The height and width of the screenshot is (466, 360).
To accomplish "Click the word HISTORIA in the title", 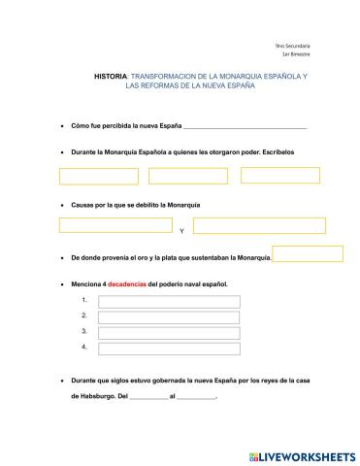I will [x=110, y=75].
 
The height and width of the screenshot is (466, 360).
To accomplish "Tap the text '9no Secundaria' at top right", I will [x=294, y=47].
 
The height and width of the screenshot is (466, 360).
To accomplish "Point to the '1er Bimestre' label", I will [x=297, y=55].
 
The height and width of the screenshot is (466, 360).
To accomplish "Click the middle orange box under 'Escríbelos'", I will [x=188, y=176].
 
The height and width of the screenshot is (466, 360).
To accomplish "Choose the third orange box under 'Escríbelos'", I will [x=279, y=175].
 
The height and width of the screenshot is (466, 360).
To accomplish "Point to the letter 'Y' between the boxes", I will [x=181, y=231].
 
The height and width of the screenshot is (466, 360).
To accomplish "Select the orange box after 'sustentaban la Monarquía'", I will [x=308, y=254].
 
